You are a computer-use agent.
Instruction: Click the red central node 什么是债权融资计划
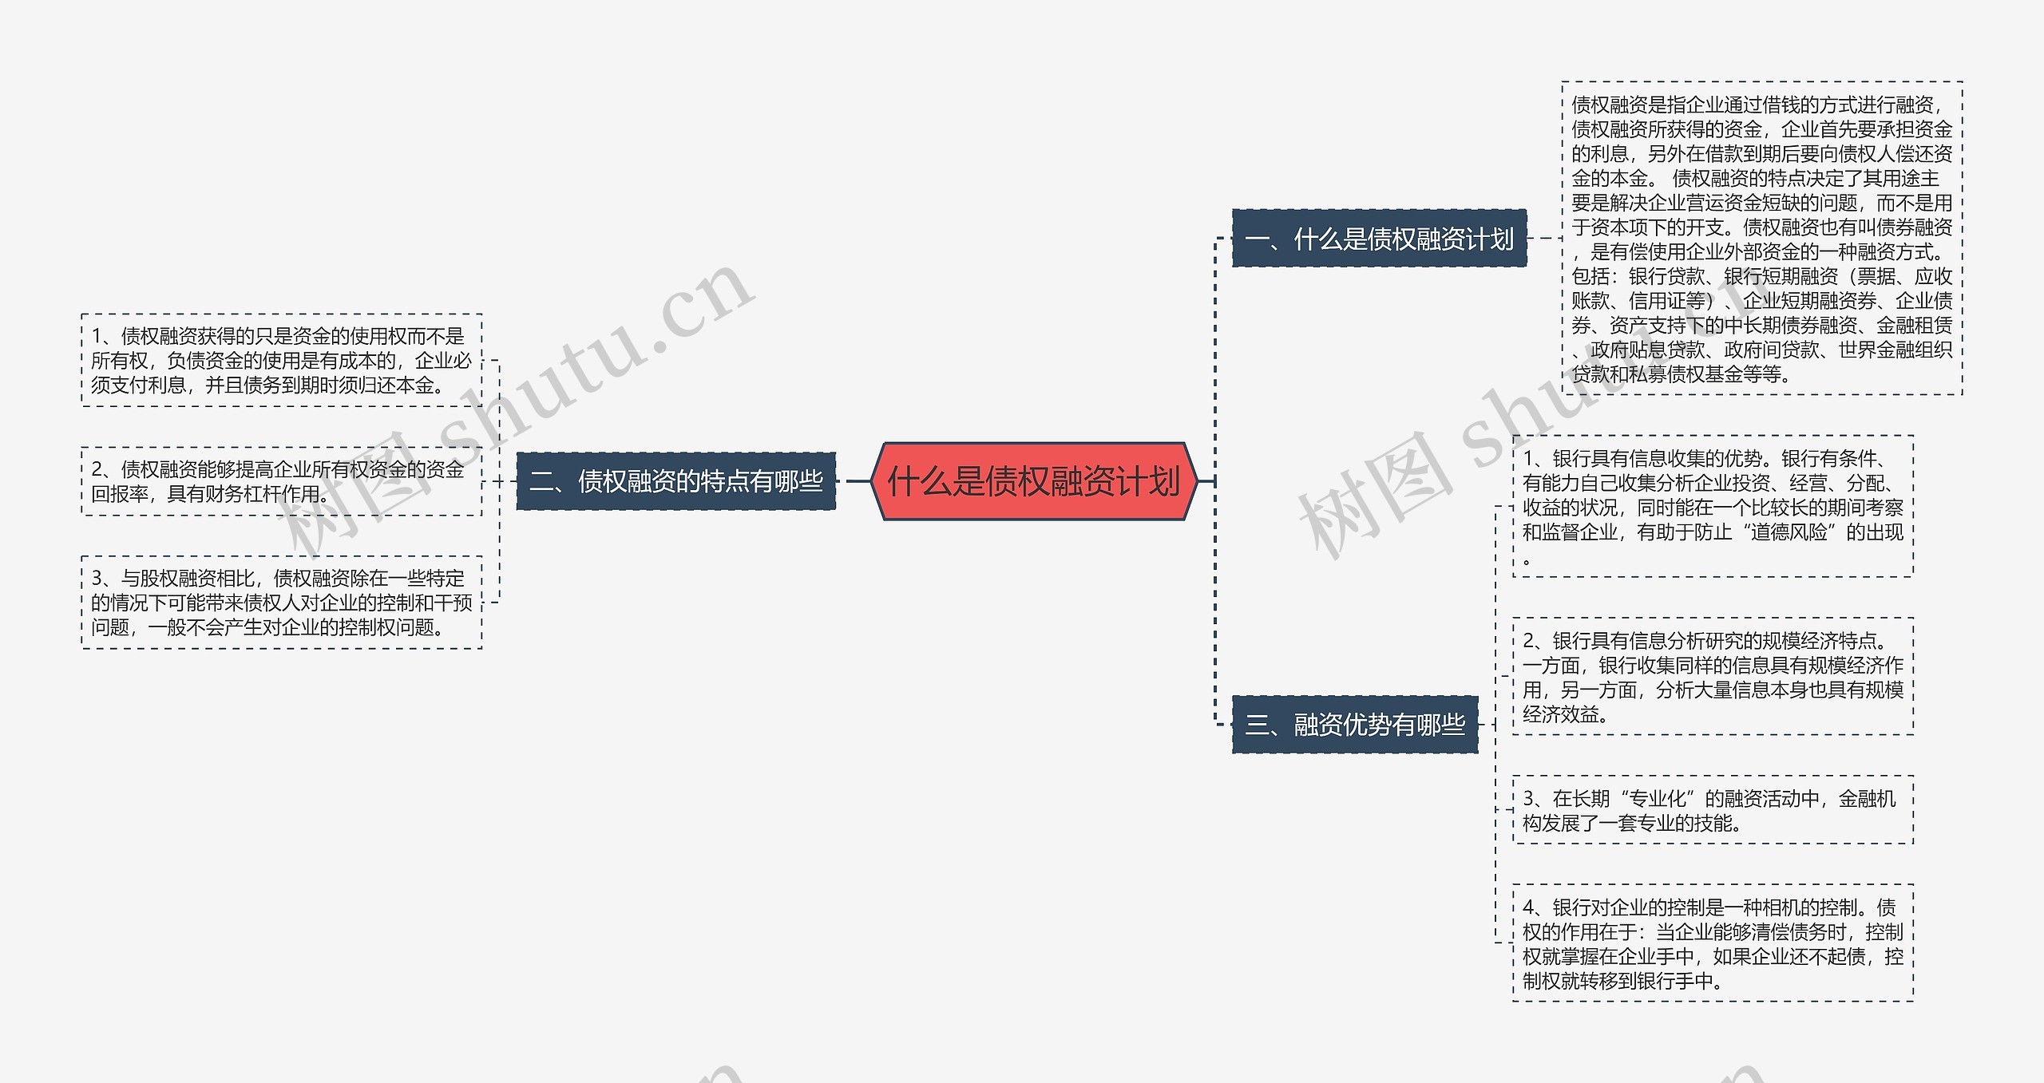point(1034,481)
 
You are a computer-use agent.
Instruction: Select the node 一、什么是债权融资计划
point(1379,239)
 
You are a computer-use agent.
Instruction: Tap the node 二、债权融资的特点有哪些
point(676,481)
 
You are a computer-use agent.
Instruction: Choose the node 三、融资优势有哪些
point(1355,725)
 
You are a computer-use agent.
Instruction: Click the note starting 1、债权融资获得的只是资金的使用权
point(282,361)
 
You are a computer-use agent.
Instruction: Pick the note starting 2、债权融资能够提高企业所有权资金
point(282,481)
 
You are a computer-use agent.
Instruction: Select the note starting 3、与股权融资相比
point(282,603)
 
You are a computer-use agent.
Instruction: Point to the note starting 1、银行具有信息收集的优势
point(1713,506)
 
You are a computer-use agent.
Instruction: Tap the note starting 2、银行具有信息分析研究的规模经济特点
point(1713,677)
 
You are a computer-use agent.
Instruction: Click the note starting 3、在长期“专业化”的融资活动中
point(1713,810)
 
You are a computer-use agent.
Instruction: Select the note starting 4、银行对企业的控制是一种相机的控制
point(1713,943)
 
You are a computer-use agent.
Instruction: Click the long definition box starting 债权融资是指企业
point(1761,239)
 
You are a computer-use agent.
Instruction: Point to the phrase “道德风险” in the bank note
point(1788,532)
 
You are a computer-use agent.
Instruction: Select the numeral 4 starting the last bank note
point(1528,907)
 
